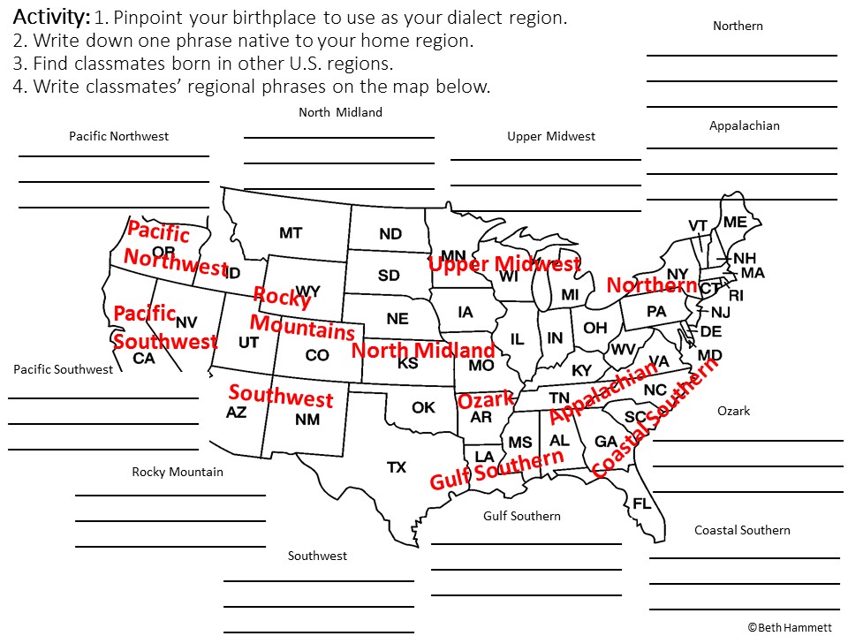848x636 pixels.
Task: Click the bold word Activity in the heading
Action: point(51,17)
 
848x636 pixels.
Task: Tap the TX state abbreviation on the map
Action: point(397,466)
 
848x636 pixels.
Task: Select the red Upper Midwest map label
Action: point(504,263)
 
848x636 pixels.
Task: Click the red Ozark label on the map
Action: point(485,400)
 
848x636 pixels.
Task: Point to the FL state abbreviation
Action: point(641,503)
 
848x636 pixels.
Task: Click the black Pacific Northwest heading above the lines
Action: point(118,136)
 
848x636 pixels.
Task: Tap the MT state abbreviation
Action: point(291,233)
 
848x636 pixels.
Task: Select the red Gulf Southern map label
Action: point(496,470)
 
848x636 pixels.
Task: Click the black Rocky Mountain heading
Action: point(178,472)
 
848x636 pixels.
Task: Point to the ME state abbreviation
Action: point(735,223)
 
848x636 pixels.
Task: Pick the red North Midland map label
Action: point(423,350)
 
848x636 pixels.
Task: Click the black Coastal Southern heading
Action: point(742,530)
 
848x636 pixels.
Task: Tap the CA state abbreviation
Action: point(143,359)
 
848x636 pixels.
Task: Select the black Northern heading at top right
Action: point(738,26)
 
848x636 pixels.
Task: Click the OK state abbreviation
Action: point(424,407)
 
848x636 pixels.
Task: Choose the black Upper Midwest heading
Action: point(551,136)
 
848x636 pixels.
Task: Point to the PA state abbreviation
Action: point(656,311)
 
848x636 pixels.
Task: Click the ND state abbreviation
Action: point(390,234)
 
